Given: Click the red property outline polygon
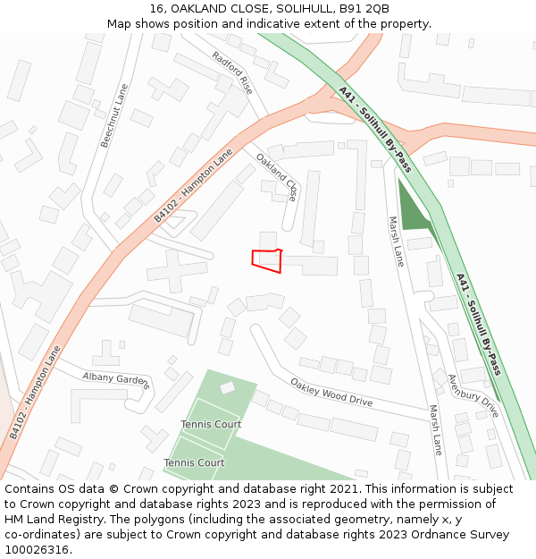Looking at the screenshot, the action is (267, 259).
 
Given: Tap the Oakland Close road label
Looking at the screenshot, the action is (277, 176).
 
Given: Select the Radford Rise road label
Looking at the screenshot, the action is (232, 72).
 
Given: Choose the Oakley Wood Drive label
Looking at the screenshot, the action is (331, 392).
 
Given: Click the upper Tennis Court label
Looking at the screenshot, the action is (211, 424).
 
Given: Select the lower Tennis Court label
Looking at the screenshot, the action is (194, 462).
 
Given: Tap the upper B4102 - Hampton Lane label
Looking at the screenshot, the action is (193, 186).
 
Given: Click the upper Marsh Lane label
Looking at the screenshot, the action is (396, 241).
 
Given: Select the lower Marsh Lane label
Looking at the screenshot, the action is (435, 429).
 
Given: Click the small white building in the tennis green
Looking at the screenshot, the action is (228, 388).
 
